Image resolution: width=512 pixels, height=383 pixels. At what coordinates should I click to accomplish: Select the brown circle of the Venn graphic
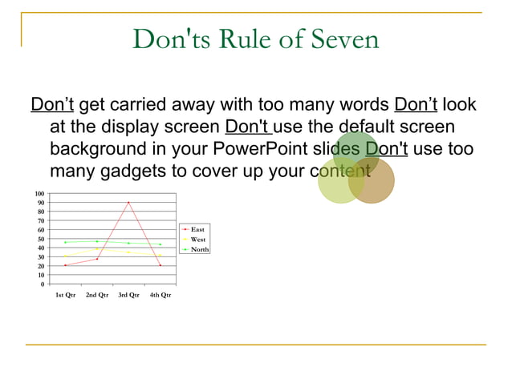click(x=372, y=181)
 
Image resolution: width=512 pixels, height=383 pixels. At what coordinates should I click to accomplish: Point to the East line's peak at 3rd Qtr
click(x=128, y=203)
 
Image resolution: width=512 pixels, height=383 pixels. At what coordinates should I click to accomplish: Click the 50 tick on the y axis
click(x=41, y=239)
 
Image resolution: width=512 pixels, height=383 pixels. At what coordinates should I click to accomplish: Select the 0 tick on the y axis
click(x=43, y=284)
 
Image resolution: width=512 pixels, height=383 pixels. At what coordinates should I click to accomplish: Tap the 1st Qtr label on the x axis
click(x=65, y=295)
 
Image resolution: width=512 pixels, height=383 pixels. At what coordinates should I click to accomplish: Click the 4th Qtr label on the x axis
click(x=161, y=295)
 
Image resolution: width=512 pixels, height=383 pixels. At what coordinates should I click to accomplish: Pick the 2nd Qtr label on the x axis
click(x=96, y=295)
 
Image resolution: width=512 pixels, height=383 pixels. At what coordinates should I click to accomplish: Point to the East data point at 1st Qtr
click(x=65, y=265)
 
